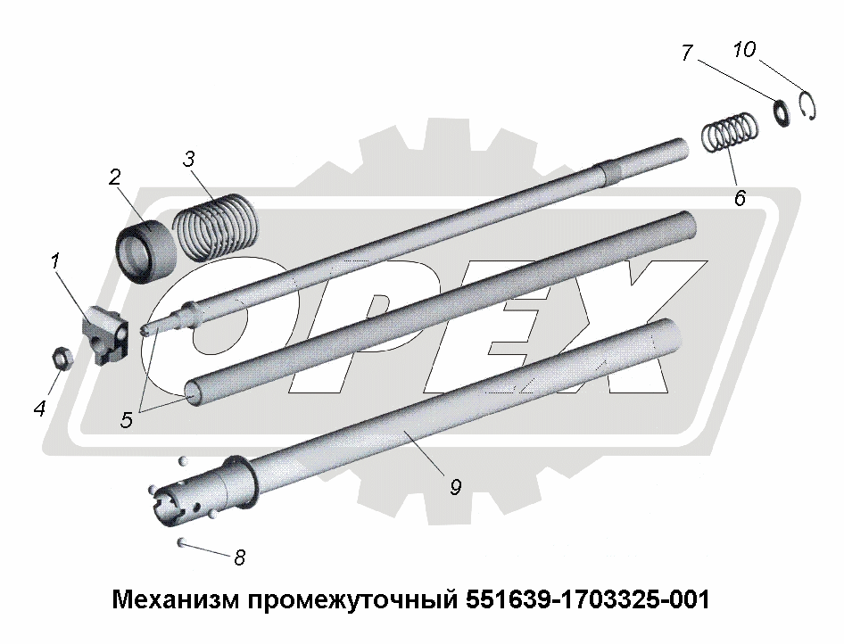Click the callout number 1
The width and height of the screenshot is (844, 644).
pyautogui.click(x=55, y=262)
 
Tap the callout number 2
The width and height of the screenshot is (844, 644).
pyautogui.click(x=114, y=177)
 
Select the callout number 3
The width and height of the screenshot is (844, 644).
pyautogui.click(x=188, y=160)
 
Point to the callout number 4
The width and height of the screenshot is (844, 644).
pyautogui.click(x=39, y=409)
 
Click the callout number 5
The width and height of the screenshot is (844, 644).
pyautogui.click(x=126, y=419)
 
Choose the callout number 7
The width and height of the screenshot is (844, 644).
pyautogui.click(x=686, y=53)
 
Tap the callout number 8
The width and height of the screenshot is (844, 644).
pyautogui.click(x=239, y=557)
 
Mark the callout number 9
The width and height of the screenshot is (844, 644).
pyautogui.click(x=455, y=487)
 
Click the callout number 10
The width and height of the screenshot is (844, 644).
pyautogui.click(x=744, y=49)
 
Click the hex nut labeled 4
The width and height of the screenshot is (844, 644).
pyautogui.click(x=62, y=358)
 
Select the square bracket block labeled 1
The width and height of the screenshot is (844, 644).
pyautogui.click(x=105, y=335)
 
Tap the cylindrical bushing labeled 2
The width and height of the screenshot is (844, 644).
pyautogui.click(x=145, y=252)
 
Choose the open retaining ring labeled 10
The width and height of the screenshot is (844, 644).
pyautogui.click(x=808, y=105)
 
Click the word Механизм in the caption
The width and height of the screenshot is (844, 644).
pyautogui.click(x=177, y=599)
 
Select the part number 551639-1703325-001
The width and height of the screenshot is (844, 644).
pyautogui.click(x=588, y=599)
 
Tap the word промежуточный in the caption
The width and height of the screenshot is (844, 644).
pyautogui.click(x=353, y=600)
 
